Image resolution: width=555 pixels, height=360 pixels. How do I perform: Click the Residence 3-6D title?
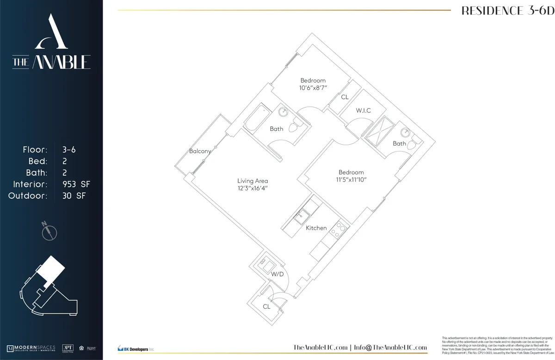click(x=507, y=11)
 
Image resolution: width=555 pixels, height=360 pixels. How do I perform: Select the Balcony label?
click(x=200, y=151)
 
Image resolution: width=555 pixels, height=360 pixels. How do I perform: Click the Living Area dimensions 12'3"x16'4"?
click(x=253, y=189)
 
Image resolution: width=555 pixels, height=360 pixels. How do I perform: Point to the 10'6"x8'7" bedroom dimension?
click(x=313, y=88)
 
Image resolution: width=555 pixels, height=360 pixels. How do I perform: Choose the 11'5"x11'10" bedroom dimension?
click(x=351, y=180)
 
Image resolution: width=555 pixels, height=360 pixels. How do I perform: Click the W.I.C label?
click(x=363, y=110)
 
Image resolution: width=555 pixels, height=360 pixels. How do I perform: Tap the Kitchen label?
click(x=316, y=228)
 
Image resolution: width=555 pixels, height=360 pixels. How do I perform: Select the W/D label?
click(x=277, y=275)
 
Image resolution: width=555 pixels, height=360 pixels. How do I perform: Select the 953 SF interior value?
click(x=76, y=184)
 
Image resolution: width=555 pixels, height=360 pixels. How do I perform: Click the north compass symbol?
click(x=49, y=231)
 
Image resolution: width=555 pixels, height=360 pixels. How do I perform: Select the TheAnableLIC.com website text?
click(x=321, y=348)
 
